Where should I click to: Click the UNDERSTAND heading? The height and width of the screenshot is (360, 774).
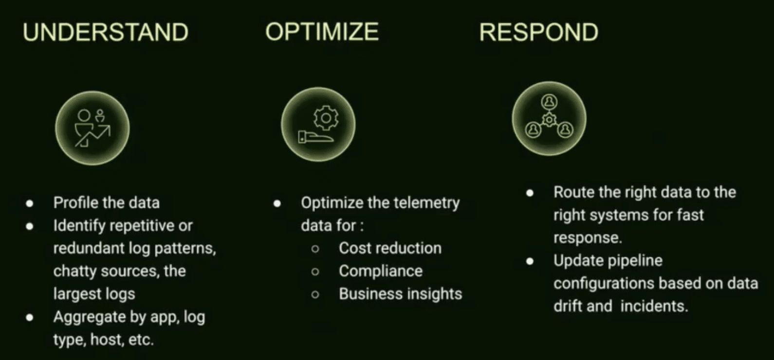(106, 32)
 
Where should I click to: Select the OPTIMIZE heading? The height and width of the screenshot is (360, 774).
(322, 32)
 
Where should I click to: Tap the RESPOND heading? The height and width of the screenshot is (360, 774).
(539, 32)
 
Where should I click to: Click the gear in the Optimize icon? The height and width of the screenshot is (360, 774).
(326, 118)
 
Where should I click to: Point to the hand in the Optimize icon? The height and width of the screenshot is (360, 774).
(315, 137)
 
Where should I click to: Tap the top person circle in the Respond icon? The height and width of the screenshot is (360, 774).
(549, 102)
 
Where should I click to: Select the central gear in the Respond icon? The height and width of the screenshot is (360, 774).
(549, 120)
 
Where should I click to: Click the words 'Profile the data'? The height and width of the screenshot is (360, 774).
(107, 202)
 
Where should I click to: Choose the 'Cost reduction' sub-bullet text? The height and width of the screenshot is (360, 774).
(390, 248)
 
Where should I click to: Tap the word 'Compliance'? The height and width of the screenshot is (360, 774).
(381, 271)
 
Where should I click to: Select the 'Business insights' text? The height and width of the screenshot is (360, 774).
(401, 294)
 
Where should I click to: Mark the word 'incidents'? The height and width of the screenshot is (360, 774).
(654, 306)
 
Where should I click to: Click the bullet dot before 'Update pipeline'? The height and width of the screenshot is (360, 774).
(530, 261)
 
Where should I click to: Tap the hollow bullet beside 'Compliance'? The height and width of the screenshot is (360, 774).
(315, 271)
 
